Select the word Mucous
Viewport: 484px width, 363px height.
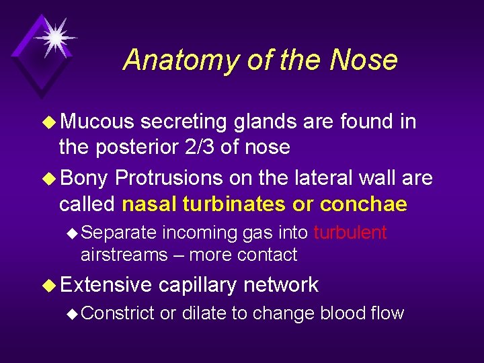97,122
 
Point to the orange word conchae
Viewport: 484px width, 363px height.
364,204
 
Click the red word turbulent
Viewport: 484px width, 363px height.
350,233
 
